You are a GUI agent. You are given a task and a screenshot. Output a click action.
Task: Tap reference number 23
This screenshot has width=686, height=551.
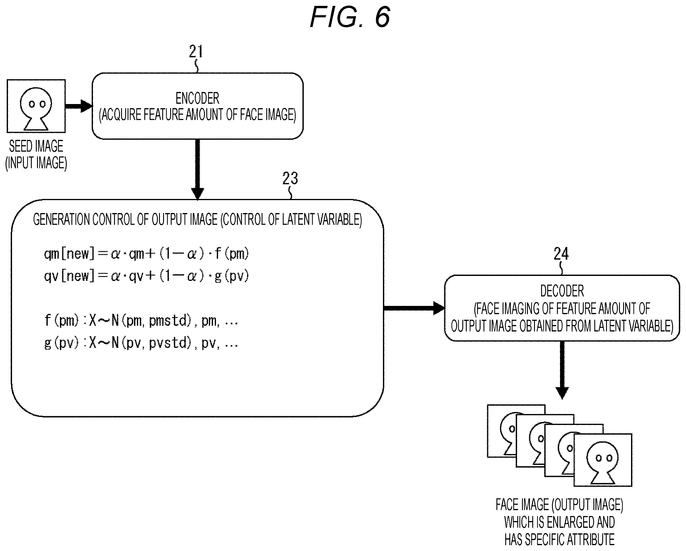pyautogui.click(x=290, y=178)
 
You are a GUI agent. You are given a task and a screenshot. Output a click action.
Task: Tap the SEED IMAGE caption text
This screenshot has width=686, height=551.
pyautogui.click(x=36, y=146)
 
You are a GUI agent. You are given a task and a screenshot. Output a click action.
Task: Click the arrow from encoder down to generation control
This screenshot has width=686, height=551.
pyautogui.click(x=197, y=170)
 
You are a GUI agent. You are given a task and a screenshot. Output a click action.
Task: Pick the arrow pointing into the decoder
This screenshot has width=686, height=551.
pyautogui.click(x=414, y=308)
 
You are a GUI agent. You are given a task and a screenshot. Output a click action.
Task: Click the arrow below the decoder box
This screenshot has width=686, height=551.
pyautogui.click(x=562, y=370)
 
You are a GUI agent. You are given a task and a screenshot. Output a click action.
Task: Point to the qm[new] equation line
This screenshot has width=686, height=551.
pyautogui.click(x=146, y=254)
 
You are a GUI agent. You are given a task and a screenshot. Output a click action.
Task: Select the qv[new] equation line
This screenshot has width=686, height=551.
pyautogui.click(x=146, y=276)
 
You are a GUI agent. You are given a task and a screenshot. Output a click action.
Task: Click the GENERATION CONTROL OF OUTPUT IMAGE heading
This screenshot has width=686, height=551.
pyautogui.click(x=197, y=220)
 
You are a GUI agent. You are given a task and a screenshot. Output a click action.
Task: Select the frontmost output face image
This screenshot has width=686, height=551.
pyautogui.click(x=603, y=460)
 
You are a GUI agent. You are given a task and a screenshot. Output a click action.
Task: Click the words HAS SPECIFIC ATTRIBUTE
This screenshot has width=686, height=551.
pyautogui.click(x=559, y=540)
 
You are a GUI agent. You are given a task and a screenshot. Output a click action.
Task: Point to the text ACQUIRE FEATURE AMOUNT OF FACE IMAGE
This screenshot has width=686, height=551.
pyautogui.click(x=197, y=115)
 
